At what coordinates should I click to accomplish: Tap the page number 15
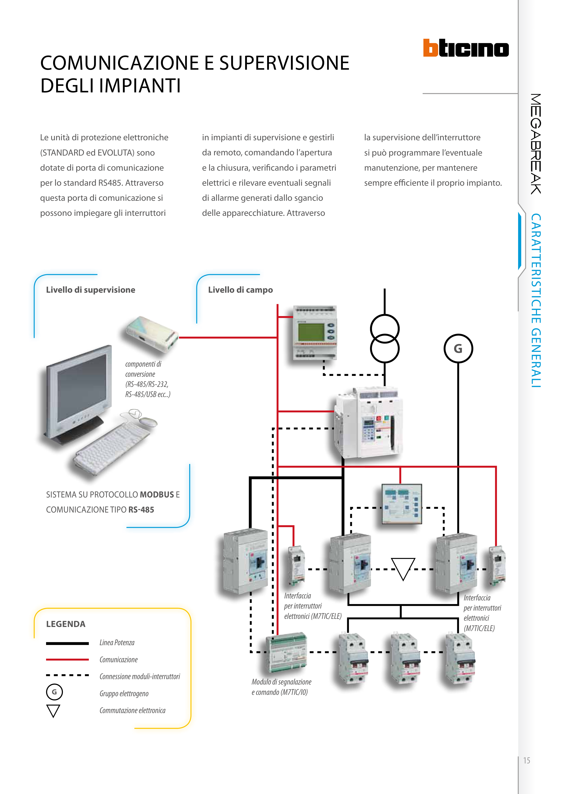click(526, 761)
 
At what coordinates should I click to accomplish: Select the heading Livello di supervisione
click(91, 290)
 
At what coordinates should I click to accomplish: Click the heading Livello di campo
click(240, 290)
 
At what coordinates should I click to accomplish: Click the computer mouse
click(148, 422)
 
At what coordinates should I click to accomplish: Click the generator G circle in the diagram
click(458, 348)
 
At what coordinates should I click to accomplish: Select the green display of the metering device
click(311, 332)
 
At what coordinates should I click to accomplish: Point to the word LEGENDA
click(66, 624)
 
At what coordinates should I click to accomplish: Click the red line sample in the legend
click(67, 660)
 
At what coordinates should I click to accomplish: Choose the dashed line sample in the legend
click(67, 675)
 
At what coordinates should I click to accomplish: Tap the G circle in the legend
click(54, 692)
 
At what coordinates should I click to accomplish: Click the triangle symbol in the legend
click(53, 710)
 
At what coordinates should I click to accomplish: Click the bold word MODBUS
click(157, 495)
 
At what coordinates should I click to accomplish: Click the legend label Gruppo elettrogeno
click(124, 693)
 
